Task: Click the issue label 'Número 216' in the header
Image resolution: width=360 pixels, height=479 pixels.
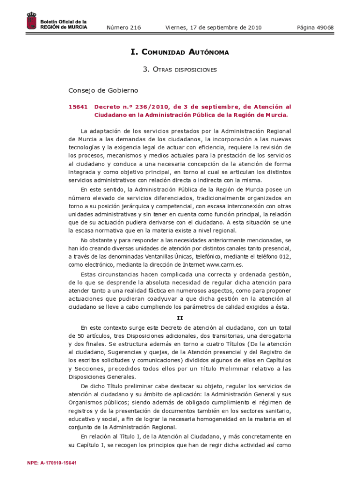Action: pyautogui.click(x=123, y=28)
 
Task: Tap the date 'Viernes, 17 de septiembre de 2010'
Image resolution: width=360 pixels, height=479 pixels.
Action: pyautogui.click(x=213, y=28)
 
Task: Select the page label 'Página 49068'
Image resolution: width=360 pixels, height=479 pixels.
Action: pyautogui.click(x=315, y=28)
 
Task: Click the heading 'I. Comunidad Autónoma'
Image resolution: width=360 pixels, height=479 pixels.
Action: pyautogui.click(x=180, y=52)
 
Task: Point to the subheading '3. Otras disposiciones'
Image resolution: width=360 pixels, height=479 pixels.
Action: pyautogui.click(x=180, y=70)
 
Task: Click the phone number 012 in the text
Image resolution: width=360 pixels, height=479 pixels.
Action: pyautogui.click(x=286, y=256)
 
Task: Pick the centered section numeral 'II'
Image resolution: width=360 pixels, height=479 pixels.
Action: pyautogui.click(x=180, y=318)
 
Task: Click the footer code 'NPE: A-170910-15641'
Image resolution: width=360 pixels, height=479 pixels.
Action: pyautogui.click(x=52, y=463)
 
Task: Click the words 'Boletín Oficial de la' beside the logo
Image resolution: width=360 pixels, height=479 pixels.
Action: pyautogui.click(x=63, y=22)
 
